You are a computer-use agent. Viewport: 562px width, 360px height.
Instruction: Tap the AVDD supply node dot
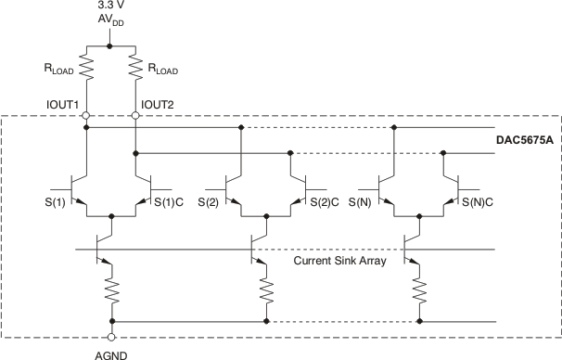tap(111, 45)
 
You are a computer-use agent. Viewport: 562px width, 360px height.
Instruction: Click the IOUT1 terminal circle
tap(86, 116)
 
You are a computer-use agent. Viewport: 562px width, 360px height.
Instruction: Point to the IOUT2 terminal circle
tap(136, 116)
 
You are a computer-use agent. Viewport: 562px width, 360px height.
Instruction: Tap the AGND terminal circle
tap(111, 337)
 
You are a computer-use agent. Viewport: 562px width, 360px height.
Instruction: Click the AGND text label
tap(111, 354)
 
